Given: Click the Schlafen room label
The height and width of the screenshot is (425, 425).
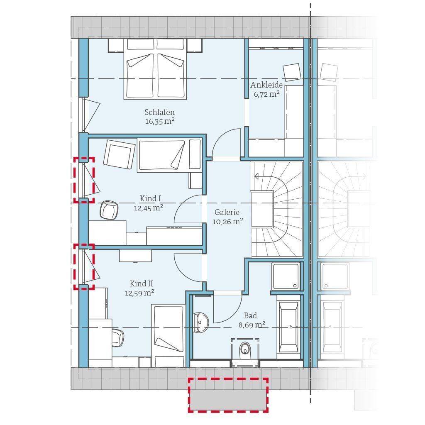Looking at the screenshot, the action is (159, 112).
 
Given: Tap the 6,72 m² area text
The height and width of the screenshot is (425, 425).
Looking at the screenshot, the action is (267, 94).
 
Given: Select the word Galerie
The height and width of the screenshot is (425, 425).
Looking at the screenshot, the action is (227, 212).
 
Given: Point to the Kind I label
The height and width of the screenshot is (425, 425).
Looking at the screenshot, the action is (150, 198).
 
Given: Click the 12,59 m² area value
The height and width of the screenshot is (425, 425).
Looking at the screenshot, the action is (139, 293).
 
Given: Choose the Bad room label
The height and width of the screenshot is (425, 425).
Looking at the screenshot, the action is (250, 315).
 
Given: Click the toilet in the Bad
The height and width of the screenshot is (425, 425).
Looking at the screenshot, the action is (245, 349).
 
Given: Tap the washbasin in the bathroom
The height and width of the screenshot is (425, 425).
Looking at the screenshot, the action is (201, 322).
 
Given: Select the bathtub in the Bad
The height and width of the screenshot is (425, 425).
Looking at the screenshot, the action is (289, 327).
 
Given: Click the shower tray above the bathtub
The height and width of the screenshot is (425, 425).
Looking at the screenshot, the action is (286, 276).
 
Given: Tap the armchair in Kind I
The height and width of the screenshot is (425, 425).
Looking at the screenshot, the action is (119, 153).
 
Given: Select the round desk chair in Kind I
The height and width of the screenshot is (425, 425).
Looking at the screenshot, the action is (109, 210).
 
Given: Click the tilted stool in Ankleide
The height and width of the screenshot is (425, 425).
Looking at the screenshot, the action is (292, 72).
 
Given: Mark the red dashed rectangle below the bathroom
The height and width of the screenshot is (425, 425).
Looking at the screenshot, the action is (229, 395).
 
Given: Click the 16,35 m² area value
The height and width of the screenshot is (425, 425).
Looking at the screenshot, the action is (160, 121).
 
